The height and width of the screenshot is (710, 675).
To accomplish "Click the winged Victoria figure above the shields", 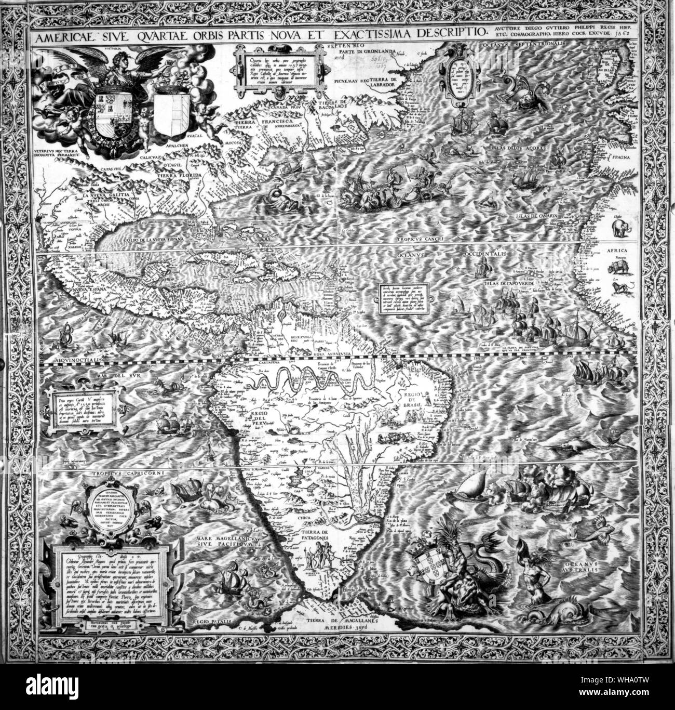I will pyautogui.click(x=116, y=68).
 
